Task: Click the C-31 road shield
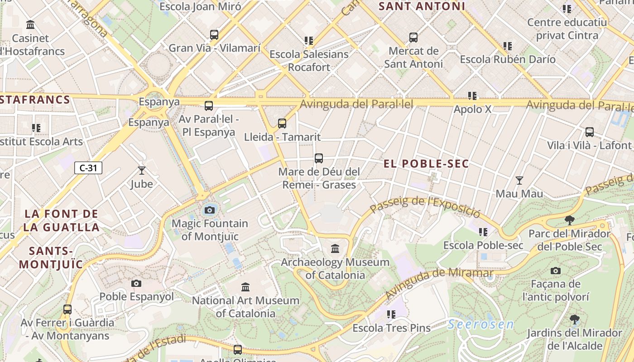[88, 168]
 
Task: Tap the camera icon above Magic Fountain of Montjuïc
[209, 210]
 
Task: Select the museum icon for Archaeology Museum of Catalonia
[335, 248]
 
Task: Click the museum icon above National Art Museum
[245, 287]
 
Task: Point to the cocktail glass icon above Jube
[142, 171]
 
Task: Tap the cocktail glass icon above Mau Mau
[519, 181]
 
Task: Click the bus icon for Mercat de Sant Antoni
[413, 38]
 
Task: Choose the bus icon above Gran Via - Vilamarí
[214, 34]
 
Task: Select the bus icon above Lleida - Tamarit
[282, 123]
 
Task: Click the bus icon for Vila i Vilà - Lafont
[590, 132]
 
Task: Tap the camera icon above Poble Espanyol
[136, 284]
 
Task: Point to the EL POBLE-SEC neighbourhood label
[426, 164]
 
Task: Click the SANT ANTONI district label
[422, 6]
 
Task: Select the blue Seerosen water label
[481, 324]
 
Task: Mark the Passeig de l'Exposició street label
[425, 205]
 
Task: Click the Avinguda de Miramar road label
[438, 283]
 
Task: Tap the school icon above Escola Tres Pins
[391, 314]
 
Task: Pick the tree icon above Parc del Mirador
[570, 220]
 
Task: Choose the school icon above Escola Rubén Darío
[508, 46]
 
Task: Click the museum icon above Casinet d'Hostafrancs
[30, 24]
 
